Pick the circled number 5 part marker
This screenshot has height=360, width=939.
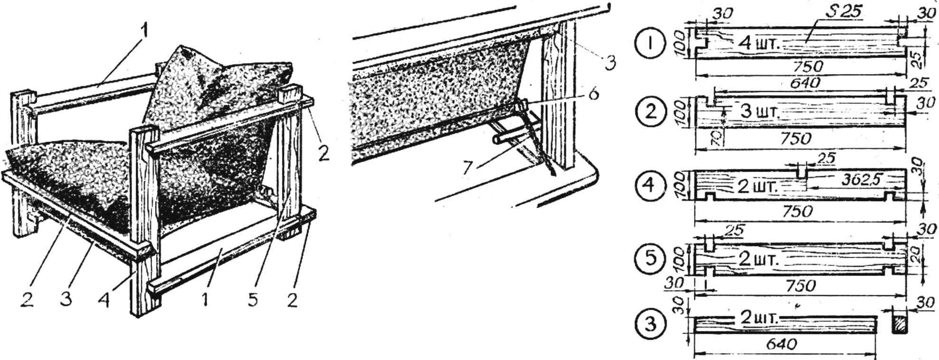tap(651, 259)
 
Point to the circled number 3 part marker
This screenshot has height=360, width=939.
tap(651, 324)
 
